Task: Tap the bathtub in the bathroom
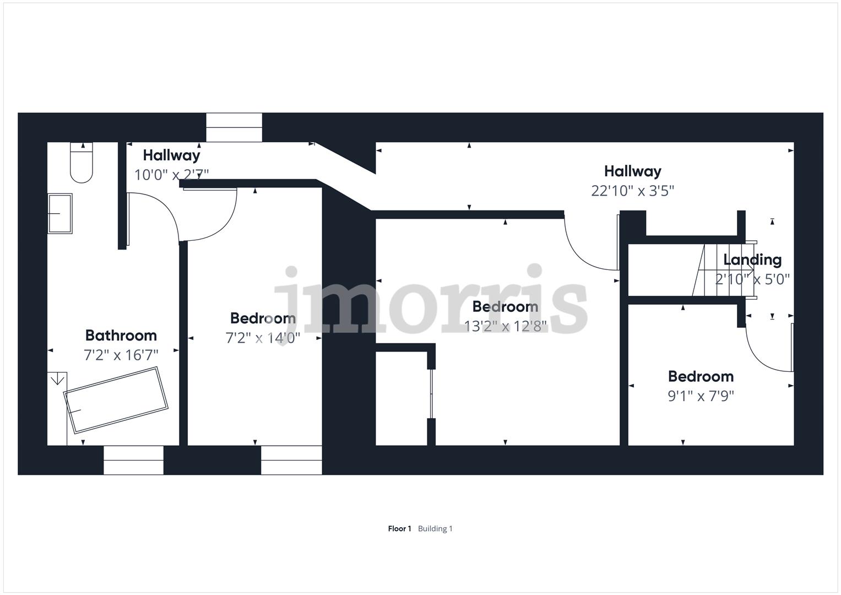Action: coord(116,399)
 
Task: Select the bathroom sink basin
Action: coord(60,213)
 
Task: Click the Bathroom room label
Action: coord(121,335)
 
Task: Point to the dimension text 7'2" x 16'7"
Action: coord(121,355)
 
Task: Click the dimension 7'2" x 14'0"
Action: coord(263,338)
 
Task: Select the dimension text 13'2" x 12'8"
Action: coord(505,326)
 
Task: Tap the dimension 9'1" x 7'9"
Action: coord(701,396)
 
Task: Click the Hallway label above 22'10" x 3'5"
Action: coord(632,171)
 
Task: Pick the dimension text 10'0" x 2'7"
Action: coord(171,175)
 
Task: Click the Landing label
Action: coord(752,259)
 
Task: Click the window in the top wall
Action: coord(234,127)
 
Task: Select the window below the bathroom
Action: coord(133,460)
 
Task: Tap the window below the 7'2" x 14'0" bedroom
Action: coord(291,460)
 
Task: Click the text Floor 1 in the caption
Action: coord(399,529)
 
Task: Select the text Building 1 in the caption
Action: coord(435,529)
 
